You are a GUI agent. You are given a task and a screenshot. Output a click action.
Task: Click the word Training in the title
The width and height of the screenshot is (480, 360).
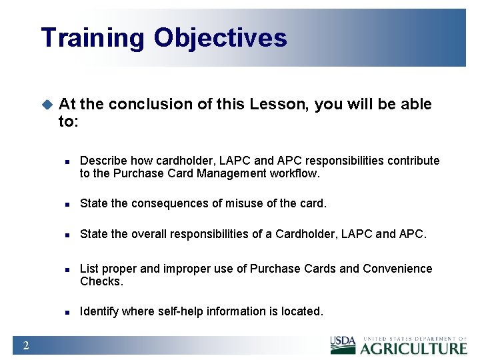92,38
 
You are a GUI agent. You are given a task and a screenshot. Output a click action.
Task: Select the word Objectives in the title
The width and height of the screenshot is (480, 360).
221,38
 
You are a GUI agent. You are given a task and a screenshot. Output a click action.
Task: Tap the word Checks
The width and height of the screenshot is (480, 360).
101,281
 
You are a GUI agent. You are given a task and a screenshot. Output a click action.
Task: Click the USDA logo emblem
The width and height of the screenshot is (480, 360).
343,345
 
